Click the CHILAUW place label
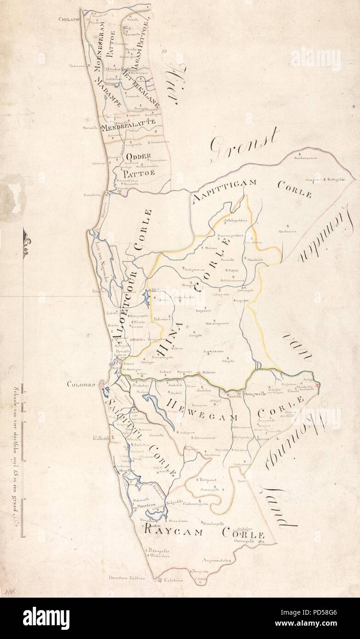pos(69,19)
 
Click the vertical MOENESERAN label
pos(98,46)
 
